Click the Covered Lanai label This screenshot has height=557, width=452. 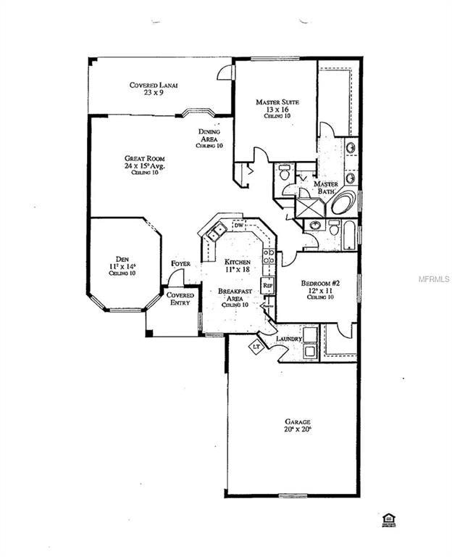(x=154, y=88)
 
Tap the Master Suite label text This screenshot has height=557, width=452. (x=277, y=107)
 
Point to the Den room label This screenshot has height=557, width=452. (x=122, y=262)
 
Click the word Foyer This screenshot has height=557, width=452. (x=180, y=263)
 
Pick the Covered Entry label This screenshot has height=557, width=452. (x=180, y=299)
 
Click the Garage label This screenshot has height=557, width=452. (x=298, y=425)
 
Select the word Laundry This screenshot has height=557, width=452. (x=288, y=338)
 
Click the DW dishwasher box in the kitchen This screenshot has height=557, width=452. (x=238, y=226)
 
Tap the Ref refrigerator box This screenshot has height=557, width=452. (x=267, y=285)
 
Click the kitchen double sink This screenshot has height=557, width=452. (x=216, y=232)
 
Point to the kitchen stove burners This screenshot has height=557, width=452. (x=268, y=255)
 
